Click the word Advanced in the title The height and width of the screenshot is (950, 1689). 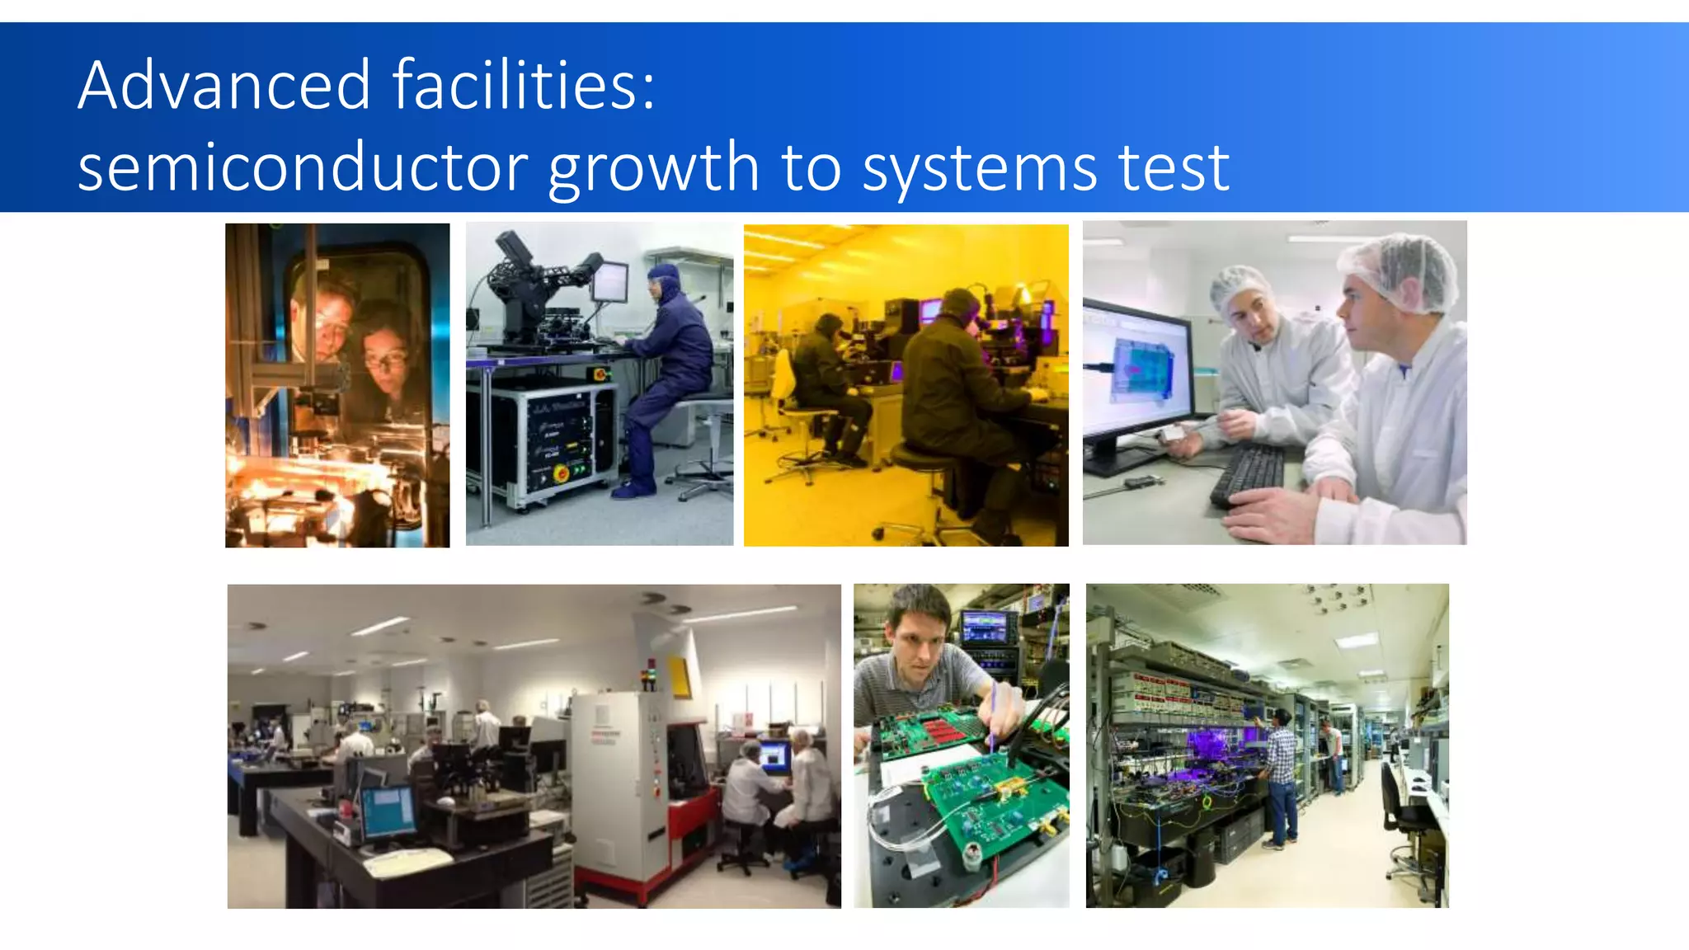(x=224, y=85)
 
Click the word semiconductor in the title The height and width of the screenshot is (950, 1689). (x=303, y=167)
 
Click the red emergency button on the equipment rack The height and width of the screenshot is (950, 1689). (x=561, y=473)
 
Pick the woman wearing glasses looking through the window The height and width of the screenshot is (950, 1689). (x=383, y=355)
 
